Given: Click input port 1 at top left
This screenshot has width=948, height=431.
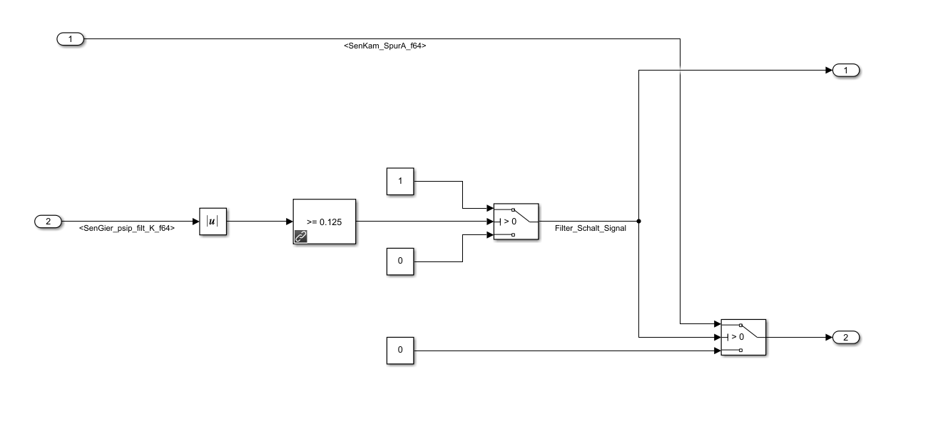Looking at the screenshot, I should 71,39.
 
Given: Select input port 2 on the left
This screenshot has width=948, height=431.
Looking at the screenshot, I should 49,222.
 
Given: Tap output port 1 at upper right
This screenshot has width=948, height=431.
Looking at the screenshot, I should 846,71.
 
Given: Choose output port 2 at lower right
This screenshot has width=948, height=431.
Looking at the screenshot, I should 846,337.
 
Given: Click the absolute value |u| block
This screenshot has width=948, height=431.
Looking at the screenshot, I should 212,222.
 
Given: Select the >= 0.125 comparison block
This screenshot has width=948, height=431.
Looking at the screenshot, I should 324,222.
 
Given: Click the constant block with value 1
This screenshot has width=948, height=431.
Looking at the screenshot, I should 400,181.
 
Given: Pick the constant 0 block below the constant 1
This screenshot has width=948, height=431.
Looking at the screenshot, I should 400,261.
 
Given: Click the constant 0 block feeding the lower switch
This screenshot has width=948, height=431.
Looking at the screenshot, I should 400,350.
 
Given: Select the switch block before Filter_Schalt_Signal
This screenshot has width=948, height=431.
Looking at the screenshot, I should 516,222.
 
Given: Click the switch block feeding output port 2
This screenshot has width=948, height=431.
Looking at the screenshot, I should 743,337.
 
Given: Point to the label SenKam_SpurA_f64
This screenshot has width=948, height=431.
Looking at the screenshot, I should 385,46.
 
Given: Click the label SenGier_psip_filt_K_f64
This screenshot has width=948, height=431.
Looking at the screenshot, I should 127,229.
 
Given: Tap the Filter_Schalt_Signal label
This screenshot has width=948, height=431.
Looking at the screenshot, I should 590,229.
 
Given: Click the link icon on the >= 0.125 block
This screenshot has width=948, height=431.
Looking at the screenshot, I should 300,237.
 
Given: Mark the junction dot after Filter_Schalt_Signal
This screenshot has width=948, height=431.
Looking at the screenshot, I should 638,222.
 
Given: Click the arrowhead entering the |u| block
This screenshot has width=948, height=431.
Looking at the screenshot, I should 195,222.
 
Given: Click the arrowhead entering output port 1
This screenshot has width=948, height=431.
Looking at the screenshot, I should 828,71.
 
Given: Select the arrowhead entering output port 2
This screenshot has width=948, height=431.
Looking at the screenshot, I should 828,337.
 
